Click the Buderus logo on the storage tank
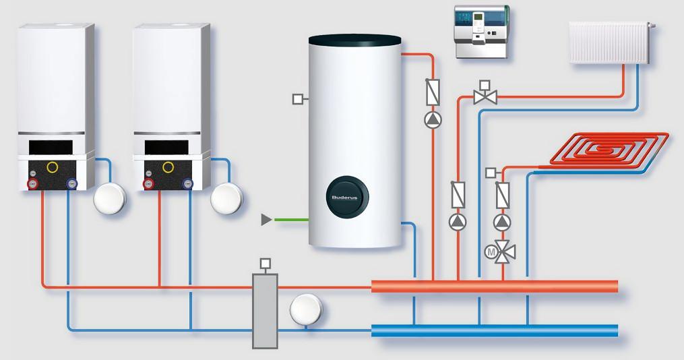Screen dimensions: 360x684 [x=343, y=197]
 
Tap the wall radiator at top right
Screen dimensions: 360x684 [x=609, y=42]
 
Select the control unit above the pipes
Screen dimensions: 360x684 [x=480, y=33]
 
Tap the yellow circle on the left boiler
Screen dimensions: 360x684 [x=52, y=166]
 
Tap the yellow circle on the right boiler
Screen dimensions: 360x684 [x=168, y=166]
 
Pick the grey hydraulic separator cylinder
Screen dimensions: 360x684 [x=265, y=311]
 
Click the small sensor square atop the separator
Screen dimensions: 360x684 [x=266, y=263]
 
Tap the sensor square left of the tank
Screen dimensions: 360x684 [x=298, y=100]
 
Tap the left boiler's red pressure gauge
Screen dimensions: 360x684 [x=32, y=183]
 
